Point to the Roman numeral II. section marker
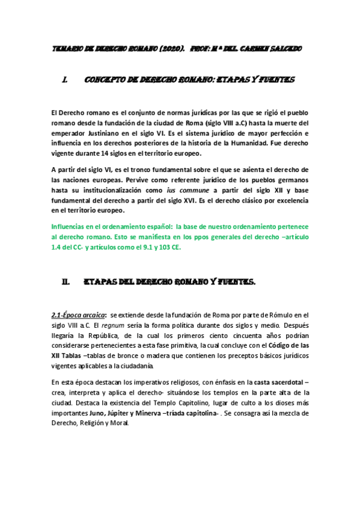click(x=66, y=281)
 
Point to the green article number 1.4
click(x=58, y=247)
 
